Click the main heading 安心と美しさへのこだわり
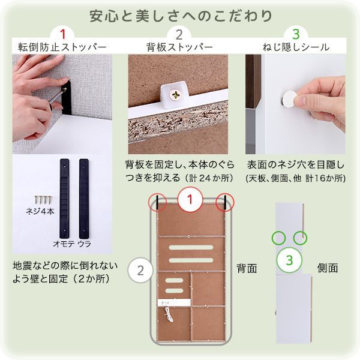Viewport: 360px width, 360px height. pyautogui.click(x=180, y=14)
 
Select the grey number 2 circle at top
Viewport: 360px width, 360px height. pyautogui.click(x=179, y=34)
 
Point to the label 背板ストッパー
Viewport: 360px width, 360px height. pyautogui.click(x=179, y=47)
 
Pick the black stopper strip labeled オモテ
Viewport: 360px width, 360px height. pyautogui.click(x=64, y=196)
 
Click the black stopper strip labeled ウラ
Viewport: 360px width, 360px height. pyautogui.click(x=83, y=196)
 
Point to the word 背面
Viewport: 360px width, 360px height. pyautogui.click(x=246, y=268)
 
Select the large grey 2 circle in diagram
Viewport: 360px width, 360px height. pyautogui.click(x=140, y=269)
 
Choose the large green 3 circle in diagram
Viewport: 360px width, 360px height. pyautogui.click(x=289, y=261)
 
